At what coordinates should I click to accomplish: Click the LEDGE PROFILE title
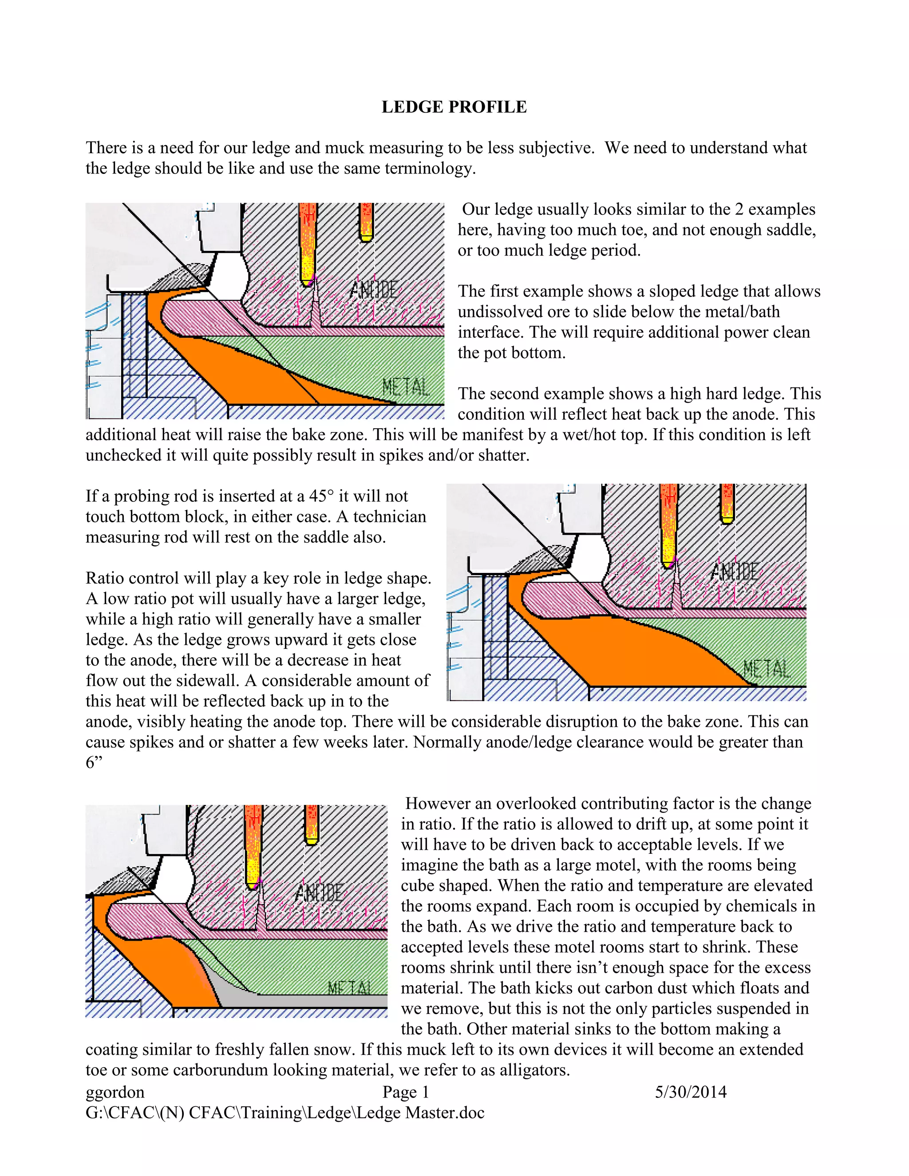(454, 107)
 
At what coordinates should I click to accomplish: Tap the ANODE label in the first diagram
(374, 290)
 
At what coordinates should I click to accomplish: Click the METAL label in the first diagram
(406, 387)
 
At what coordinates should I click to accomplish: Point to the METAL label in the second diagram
(767, 669)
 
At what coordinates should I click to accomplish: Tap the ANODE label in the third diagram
(319, 893)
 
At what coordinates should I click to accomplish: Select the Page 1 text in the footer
(406, 1093)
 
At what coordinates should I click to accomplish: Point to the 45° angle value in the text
(321, 496)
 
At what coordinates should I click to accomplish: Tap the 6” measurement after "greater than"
(94, 762)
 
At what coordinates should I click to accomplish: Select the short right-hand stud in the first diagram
(366, 222)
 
